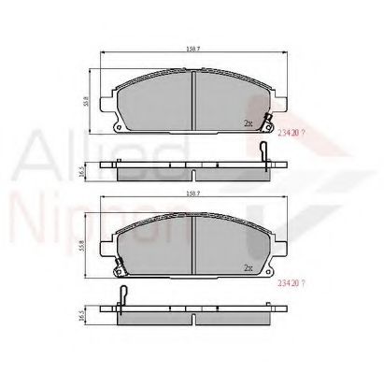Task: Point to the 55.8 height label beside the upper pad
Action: pos(85,95)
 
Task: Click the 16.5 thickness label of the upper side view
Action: pos(85,174)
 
